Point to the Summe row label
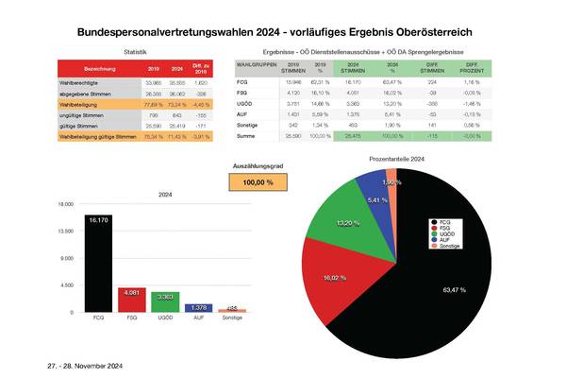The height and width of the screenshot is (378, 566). [247, 136]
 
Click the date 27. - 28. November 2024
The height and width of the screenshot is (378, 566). [84, 365]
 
